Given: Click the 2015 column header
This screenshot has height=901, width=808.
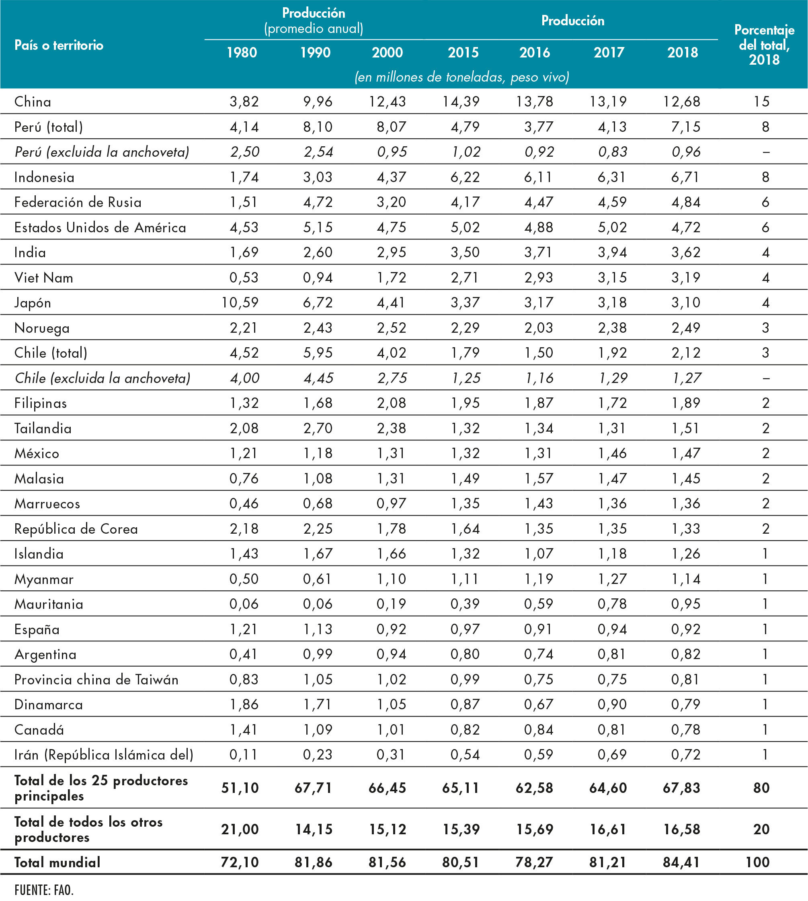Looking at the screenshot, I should (x=463, y=52).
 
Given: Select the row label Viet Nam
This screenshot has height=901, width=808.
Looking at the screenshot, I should (x=43, y=277).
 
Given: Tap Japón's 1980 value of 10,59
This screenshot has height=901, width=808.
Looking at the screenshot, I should (x=240, y=303).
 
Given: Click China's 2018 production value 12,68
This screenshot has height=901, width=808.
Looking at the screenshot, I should (x=682, y=102).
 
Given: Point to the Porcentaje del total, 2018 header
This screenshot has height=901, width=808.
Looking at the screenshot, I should (x=764, y=44).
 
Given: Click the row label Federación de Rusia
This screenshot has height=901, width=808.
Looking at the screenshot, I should (x=78, y=203).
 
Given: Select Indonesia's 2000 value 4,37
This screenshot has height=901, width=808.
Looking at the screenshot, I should (x=391, y=177).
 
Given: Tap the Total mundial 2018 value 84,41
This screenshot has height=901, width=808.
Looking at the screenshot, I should (x=681, y=862).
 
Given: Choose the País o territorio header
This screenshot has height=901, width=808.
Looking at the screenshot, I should (x=59, y=45).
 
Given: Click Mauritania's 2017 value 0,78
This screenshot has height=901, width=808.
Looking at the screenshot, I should (x=612, y=604).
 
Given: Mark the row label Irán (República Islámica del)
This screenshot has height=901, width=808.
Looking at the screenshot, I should (x=103, y=755).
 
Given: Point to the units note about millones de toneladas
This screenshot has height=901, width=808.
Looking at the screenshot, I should (x=462, y=77).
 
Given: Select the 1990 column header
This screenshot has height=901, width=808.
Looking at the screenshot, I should (x=315, y=52).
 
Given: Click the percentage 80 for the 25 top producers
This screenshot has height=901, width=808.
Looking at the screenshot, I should (x=761, y=788).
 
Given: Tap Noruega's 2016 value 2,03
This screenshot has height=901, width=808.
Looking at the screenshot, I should (x=539, y=328).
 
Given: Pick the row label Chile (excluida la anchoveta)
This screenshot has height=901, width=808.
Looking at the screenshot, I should (x=103, y=378).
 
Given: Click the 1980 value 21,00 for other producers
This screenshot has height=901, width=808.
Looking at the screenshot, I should (x=240, y=829).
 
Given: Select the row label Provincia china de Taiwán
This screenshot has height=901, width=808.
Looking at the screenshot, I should (x=96, y=680).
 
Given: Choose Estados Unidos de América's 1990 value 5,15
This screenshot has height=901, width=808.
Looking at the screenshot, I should (x=318, y=227).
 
